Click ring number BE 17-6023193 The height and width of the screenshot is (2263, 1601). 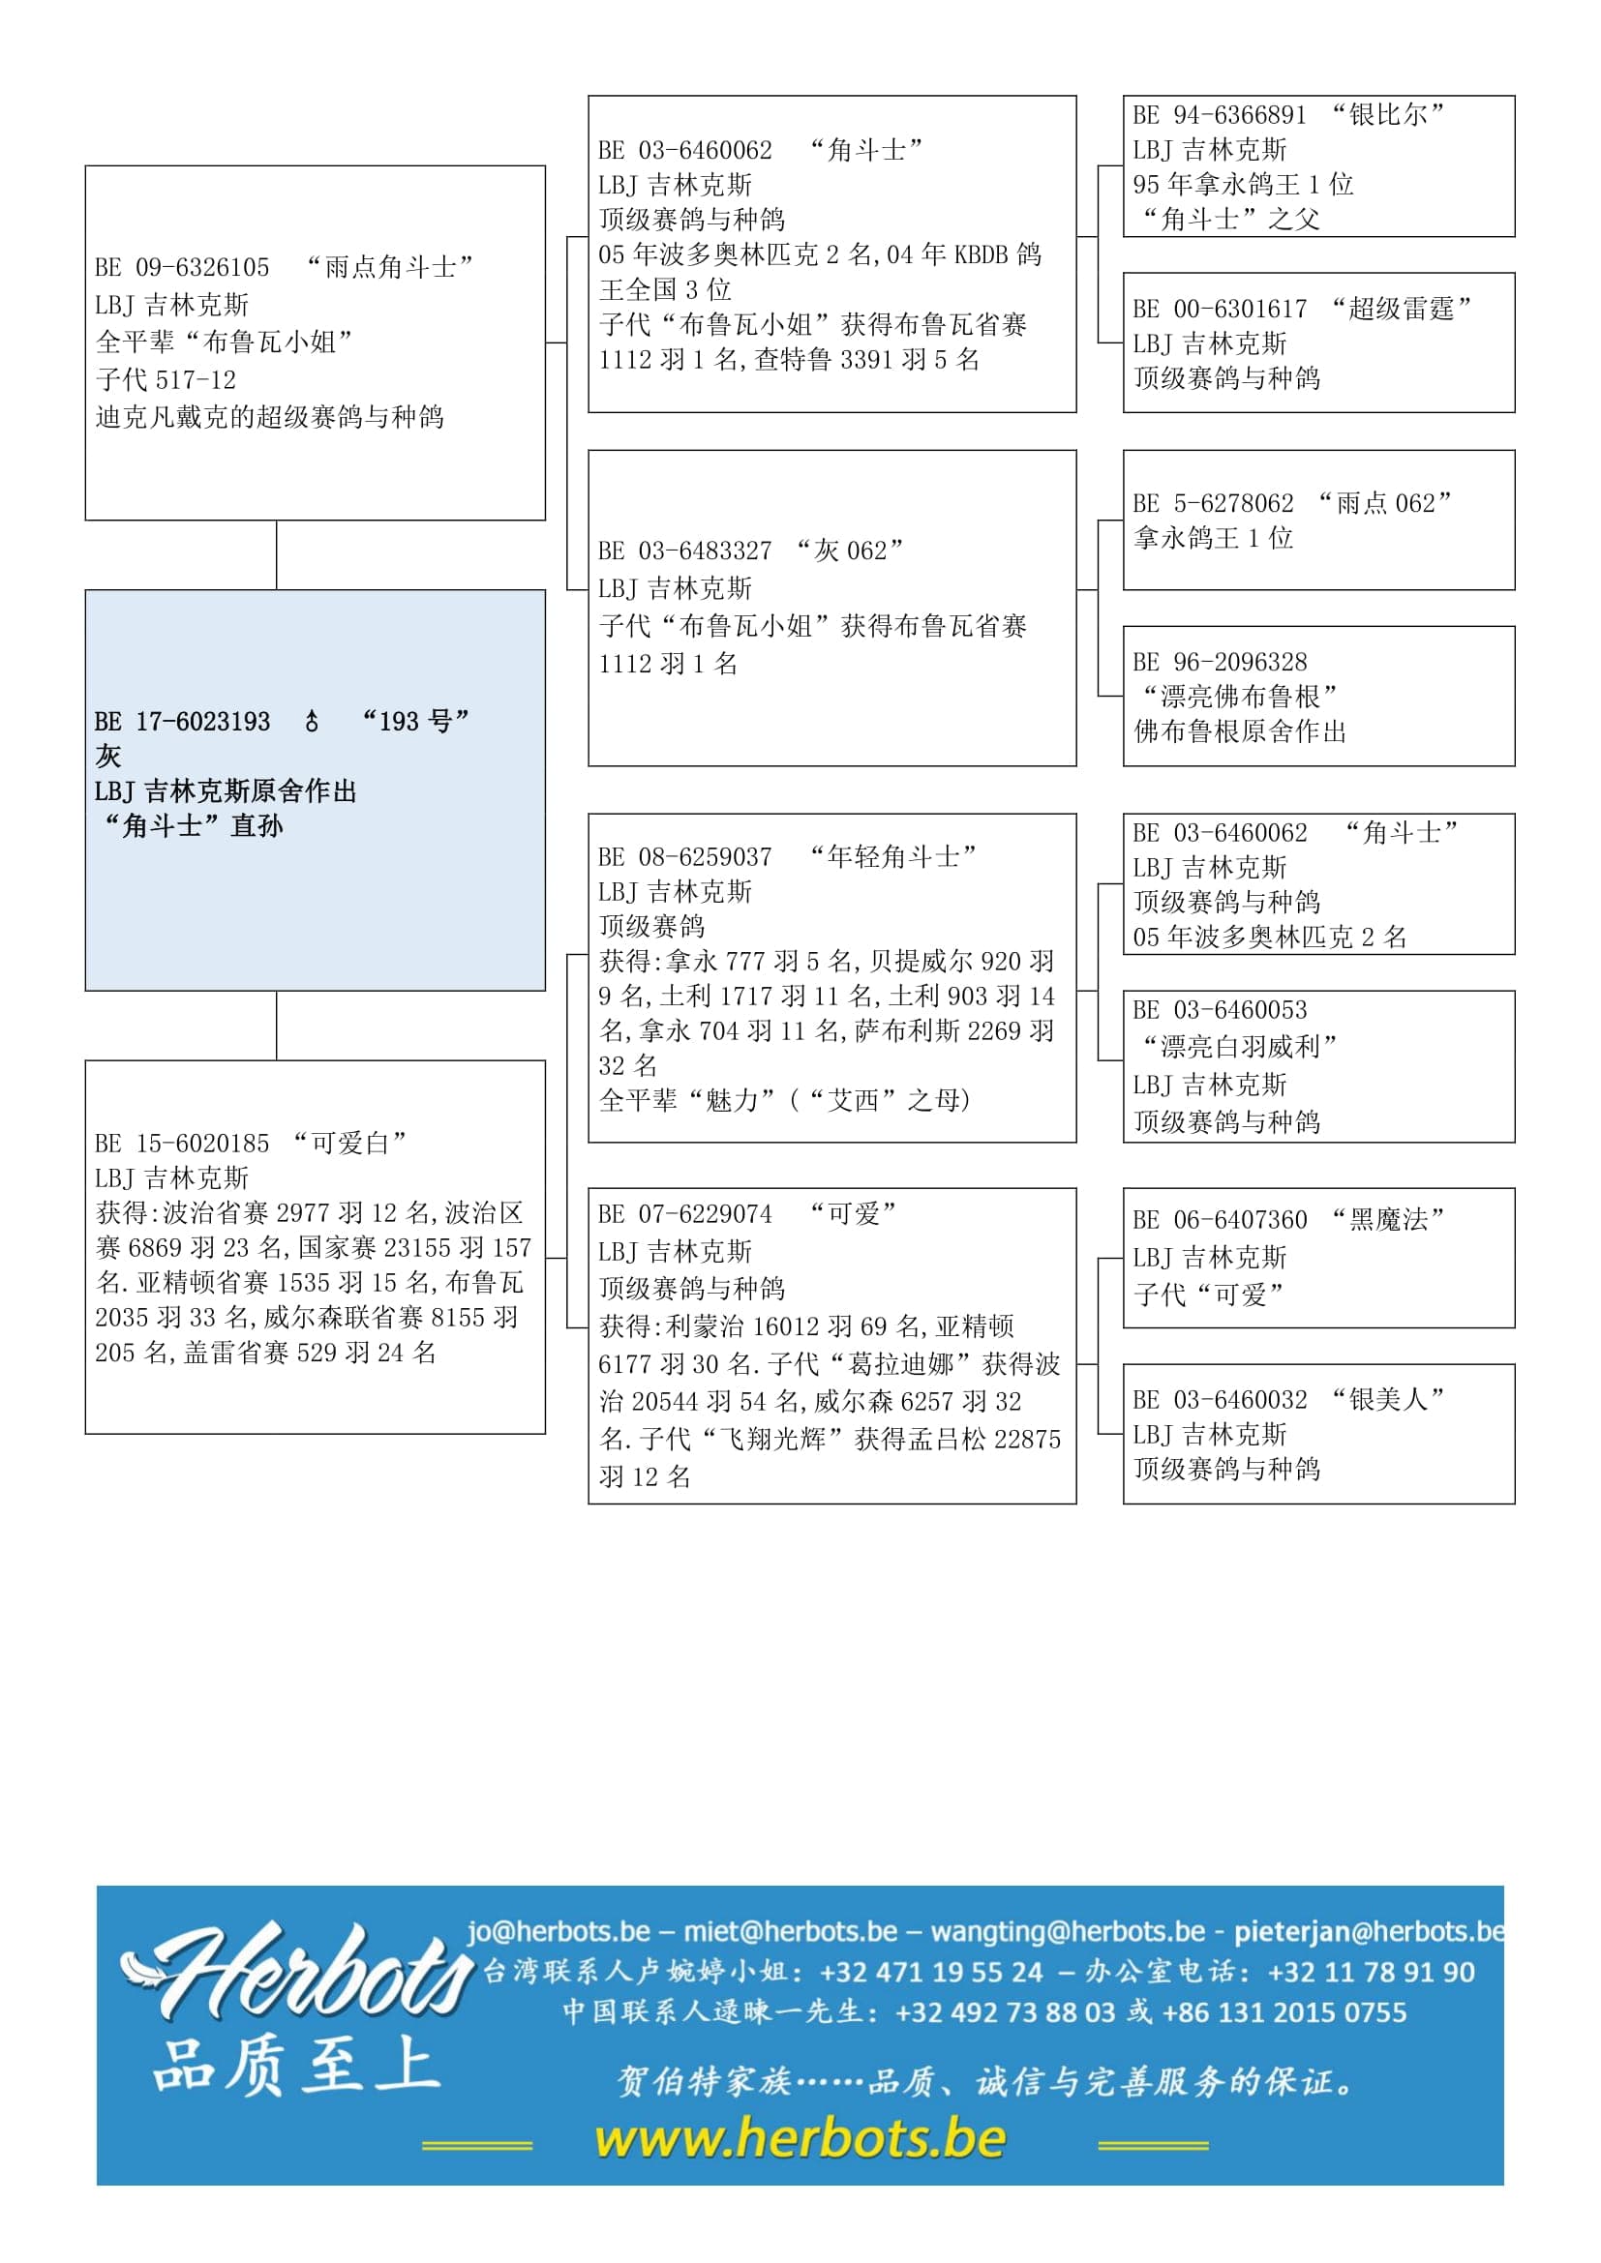coord(182,722)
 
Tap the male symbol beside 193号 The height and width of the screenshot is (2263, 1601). coord(312,722)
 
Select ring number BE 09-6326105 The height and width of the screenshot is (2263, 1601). coord(182,267)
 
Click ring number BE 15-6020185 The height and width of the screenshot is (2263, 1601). coord(182,1144)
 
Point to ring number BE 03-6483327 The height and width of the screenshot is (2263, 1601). coord(685,551)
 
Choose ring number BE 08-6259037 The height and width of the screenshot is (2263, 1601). coord(685,856)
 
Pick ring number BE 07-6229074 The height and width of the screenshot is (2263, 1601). coord(685,1214)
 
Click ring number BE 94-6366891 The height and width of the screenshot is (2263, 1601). coord(1220,115)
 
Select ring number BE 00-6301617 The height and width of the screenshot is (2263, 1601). coord(1220,310)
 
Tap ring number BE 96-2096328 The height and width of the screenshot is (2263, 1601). coord(1220,663)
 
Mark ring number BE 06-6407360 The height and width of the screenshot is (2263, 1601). coord(1220,1220)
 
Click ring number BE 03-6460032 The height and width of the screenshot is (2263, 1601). coord(1220,1400)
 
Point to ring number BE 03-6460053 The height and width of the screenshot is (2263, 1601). coord(1220,1010)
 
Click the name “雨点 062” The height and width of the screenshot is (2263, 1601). coord(1384,504)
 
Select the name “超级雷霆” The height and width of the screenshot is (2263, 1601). coord(1400,310)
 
